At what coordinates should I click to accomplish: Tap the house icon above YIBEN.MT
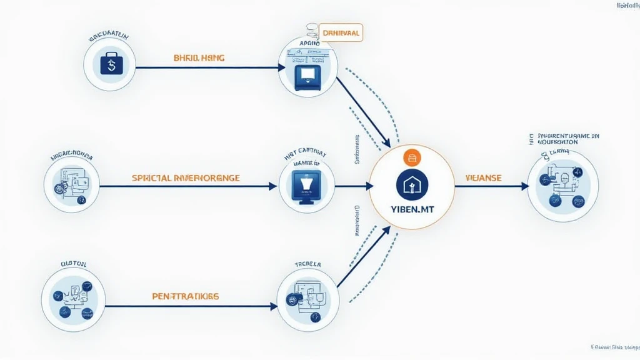411,184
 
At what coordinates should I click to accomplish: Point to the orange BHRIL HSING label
198,57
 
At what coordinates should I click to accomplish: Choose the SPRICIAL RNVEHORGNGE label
186,178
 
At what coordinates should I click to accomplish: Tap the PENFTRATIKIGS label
186,296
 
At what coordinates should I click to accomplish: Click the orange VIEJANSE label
483,178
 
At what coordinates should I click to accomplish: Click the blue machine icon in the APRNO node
308,77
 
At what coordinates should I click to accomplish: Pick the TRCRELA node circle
307,300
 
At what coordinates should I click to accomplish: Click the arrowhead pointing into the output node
524,186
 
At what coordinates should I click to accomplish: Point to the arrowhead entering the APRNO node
280,67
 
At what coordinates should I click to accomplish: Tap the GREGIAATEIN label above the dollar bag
109,37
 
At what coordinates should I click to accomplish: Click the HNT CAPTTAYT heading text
306,151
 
